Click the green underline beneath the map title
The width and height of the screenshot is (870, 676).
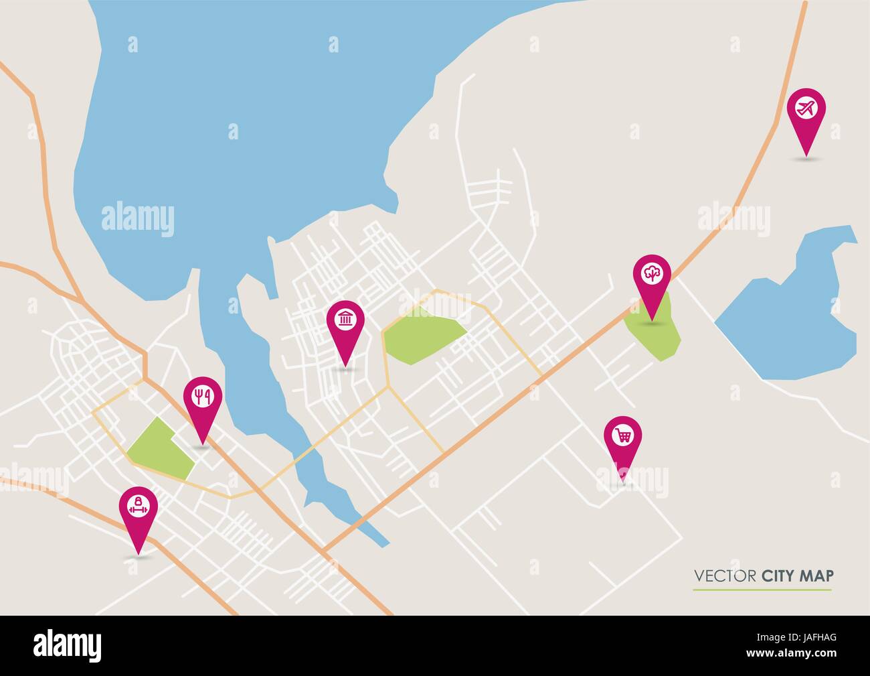pos(762,590)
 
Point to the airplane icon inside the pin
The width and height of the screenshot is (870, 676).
pos(806,107)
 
